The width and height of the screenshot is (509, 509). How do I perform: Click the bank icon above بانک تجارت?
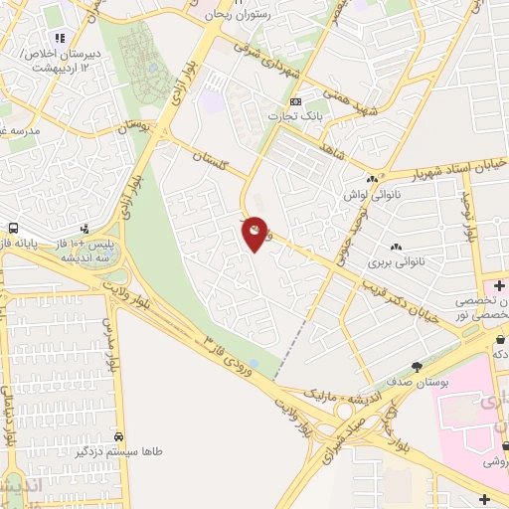click(295, 101)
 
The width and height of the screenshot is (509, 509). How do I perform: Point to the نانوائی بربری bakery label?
click(397, 263)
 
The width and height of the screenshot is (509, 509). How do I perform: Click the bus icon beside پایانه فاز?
click(13, 228)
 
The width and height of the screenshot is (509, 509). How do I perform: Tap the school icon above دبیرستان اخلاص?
click(60, 39)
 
